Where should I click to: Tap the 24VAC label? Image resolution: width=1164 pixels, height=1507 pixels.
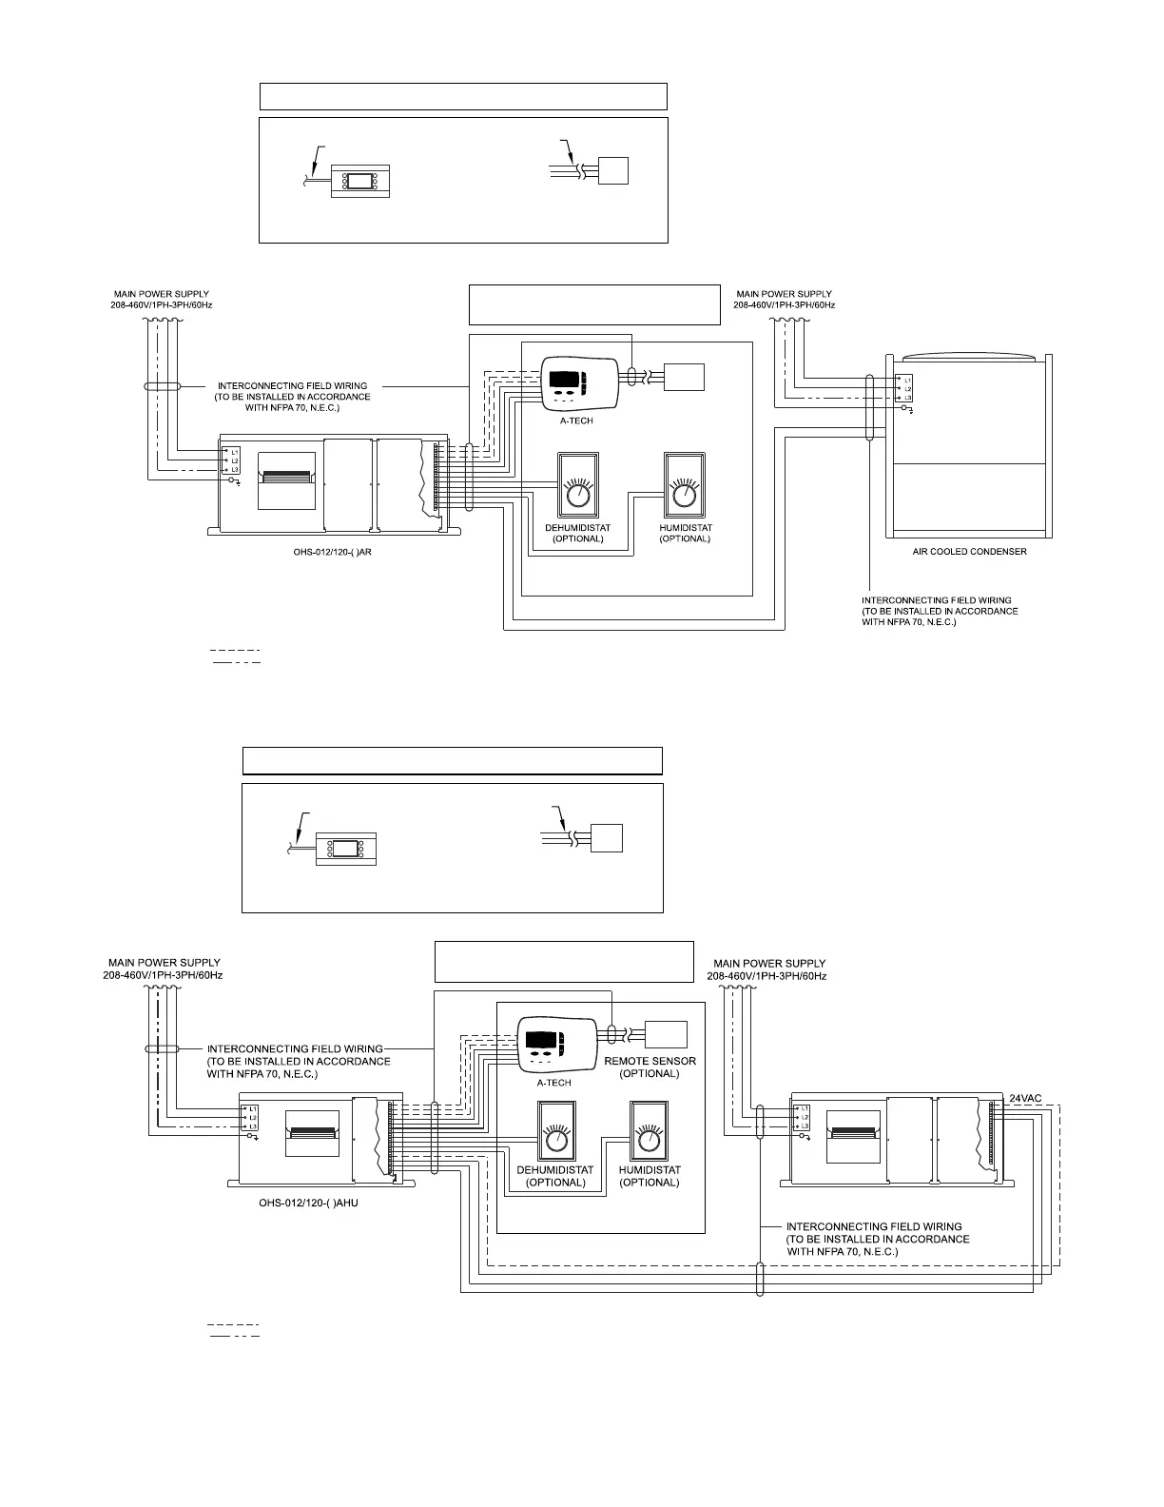point(1025,1098)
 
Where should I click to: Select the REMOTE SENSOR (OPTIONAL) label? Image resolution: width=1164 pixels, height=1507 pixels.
point(650,1067)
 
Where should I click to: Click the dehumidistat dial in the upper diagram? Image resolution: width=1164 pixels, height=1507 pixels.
point(577,495)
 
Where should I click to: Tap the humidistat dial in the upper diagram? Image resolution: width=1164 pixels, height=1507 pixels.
point(684,495)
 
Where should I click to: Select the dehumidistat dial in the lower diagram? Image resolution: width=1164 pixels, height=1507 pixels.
point(556,1139)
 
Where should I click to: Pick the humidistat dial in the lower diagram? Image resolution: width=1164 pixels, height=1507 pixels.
point(649,1139)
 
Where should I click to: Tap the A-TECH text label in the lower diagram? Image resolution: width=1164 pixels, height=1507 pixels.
point(553,1083)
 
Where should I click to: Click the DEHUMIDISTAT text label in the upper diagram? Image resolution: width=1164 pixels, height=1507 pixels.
point(577,528)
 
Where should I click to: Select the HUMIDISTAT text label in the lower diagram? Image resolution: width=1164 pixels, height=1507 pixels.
point(650,1170)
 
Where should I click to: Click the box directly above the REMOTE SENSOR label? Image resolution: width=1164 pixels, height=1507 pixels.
point(666,1034)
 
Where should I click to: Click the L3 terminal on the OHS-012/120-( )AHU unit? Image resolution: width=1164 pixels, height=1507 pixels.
point(254,1125)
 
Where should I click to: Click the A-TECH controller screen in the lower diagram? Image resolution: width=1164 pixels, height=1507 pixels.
point(541,1042)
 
